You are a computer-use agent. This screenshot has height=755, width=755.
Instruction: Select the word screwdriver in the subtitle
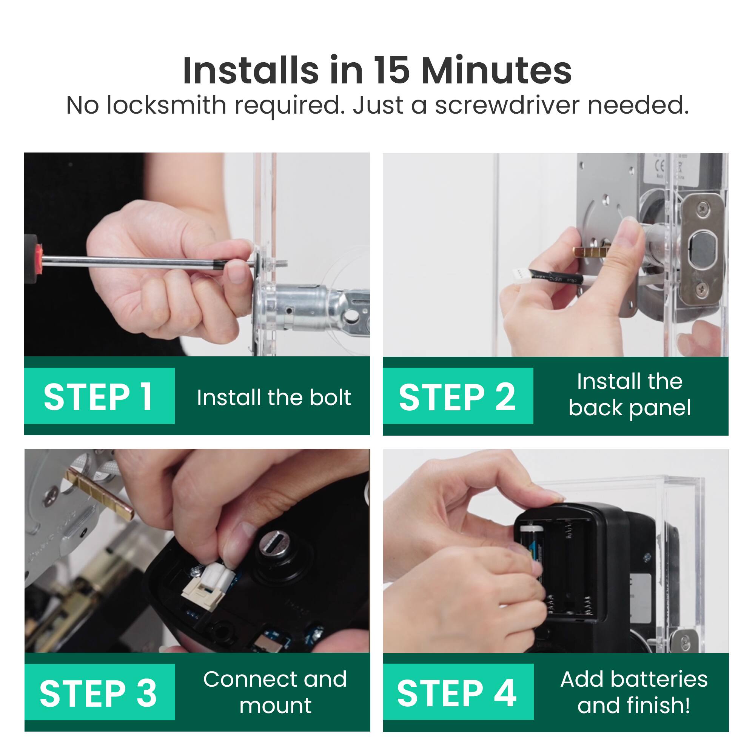[x=507, y=106]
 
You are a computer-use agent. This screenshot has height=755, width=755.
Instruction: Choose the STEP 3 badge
[x=99, y=693]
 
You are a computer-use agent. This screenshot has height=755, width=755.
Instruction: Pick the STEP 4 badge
[x=458, y=693]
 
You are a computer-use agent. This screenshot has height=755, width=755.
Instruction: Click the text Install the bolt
[x=274, y=398]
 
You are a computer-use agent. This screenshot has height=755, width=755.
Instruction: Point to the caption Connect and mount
[x=275, y=692]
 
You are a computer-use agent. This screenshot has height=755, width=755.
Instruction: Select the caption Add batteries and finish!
[x=633, y=692]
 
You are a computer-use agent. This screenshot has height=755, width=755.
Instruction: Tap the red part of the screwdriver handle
[x=38, y=258]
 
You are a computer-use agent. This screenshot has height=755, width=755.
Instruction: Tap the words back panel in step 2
[x=630, y=408]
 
